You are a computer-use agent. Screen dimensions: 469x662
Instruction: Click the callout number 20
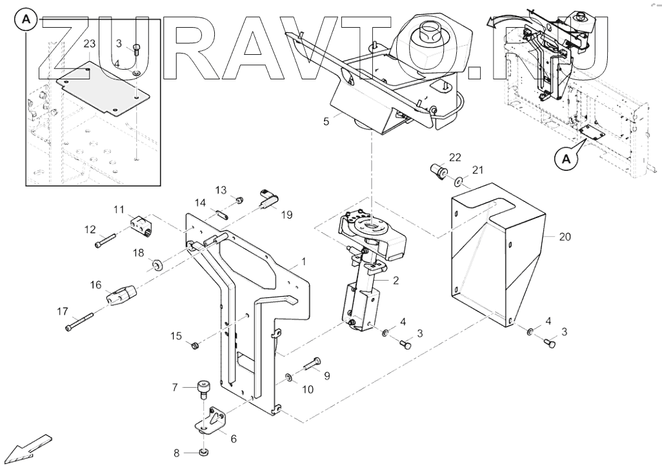click(565, 237)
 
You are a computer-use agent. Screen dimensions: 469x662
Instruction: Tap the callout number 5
click(326, 120)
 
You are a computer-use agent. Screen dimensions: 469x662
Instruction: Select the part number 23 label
click(90, 43)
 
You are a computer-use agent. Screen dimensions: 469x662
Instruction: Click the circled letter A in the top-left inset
click(27, 21)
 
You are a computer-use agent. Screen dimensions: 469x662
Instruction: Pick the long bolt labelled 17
click(80, 320)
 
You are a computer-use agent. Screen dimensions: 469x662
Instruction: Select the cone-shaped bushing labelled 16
click(121, 297)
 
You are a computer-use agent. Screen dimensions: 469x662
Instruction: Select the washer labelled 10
click(290, 376)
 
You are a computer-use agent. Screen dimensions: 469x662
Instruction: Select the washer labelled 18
click(157, 264)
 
